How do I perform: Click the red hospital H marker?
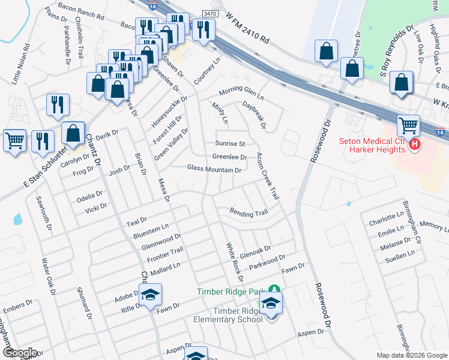(x=413, y=144)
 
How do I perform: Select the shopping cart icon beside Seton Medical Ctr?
(x=408, y=126)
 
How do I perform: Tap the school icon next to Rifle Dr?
(x=151, y=295)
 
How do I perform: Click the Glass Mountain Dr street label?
(x=214, y=170)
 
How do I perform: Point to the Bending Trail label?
(x=249, y=213)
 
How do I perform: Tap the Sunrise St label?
(x=231, y=144)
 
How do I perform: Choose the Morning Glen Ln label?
(x=241, y=94)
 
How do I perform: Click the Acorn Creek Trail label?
(x=268, y=176)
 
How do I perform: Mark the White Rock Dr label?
(x=234, y=262)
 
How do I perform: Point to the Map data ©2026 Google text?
(x=411, y=355)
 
